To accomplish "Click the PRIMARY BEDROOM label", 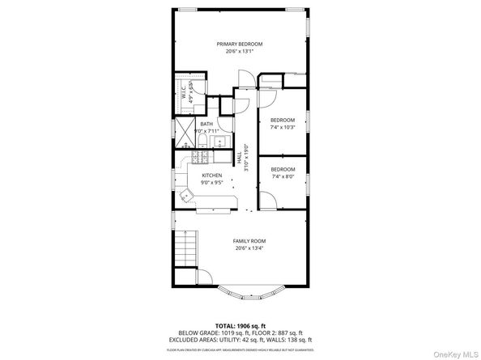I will [239, 44].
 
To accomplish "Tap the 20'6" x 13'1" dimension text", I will [239, 52].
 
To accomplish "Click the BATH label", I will [206, 124].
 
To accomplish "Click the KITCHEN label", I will [212, 175].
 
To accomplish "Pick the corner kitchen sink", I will [188, 193].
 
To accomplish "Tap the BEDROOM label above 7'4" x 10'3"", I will [283, 120].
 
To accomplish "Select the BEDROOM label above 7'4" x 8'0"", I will [283, 169].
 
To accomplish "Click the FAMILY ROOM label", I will [249, 241].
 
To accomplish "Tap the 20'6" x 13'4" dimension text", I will [249, 248].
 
